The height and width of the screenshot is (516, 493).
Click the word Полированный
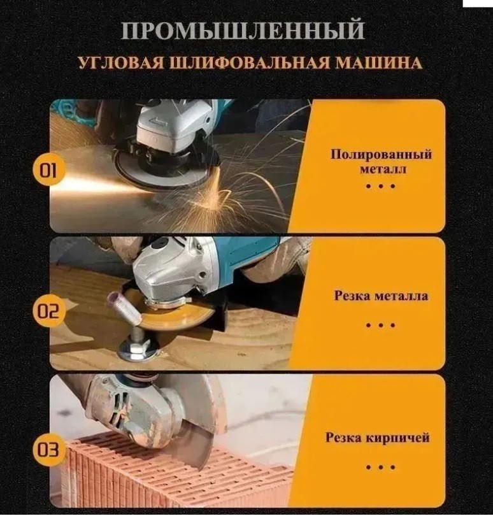(381, 155)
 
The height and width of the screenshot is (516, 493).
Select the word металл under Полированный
(381, 169)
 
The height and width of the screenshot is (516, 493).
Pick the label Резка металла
(381, 296)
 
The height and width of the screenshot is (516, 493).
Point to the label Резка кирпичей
(378, 438)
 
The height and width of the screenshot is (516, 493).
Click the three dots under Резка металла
(381, 325)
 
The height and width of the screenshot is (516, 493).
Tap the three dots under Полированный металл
(381, 186)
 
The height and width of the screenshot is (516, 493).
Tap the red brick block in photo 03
(146, 475)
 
